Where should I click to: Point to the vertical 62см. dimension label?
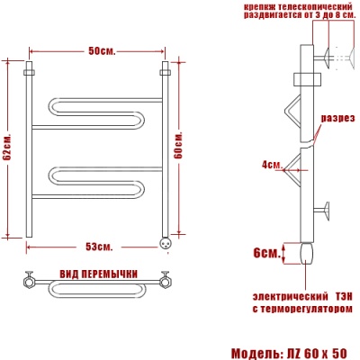(8, 149)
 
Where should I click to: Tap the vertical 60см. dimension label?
(179, 144)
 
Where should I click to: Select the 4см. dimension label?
(272, 164)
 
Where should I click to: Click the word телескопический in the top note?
(304, 7)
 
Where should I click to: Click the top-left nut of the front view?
(30, 69)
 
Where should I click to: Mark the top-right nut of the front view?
(165, 69)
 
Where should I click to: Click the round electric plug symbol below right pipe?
(165, 241)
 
